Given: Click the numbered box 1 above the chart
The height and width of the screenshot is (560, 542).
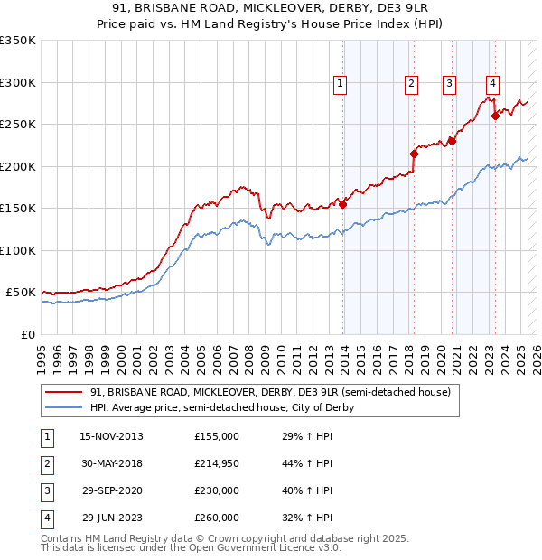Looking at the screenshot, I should coord(341,85).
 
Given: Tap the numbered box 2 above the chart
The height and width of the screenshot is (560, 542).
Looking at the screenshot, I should coord(411,85).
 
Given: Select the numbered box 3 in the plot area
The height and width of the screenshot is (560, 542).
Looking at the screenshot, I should coord(449,85).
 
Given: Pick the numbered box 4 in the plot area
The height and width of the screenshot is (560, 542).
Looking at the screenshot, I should coord(492,85).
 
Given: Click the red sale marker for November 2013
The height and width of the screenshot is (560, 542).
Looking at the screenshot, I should coord(343,204).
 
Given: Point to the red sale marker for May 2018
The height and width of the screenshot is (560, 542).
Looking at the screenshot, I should coord(414,154).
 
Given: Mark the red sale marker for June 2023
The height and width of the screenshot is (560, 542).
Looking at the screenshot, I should coord(495,116).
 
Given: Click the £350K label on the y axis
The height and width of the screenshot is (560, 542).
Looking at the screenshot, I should coord(17,41).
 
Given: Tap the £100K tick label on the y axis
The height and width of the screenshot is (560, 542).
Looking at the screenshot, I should coord(17,250).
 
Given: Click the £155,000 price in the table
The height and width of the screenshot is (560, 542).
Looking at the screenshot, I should coord(217,436).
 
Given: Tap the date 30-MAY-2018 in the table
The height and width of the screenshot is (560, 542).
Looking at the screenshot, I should coord(111,463).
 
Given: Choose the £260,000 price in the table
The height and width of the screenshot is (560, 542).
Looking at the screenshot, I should coord(217,518).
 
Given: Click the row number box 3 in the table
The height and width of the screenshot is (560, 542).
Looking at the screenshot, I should coord(45,490).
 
